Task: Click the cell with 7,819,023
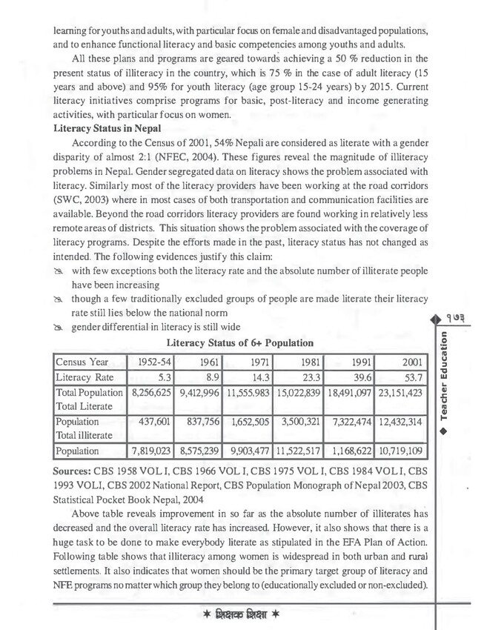point(151,450)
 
